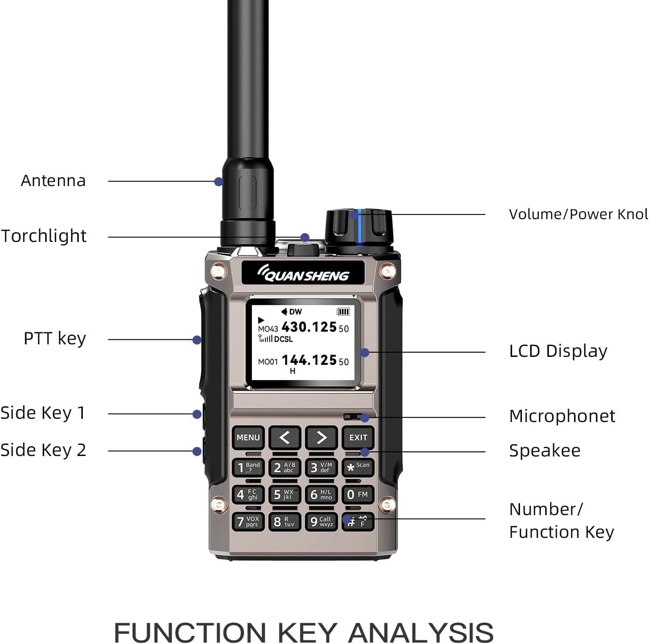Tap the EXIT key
(358, 437)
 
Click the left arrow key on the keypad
(284, 437)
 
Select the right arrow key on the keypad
(321, 437)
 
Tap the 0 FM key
(358, 495)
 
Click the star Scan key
(358, 467)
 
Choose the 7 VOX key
(248, 522)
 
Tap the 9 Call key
(321, 522)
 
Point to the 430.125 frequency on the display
(309, 327)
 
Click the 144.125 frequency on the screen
(309, 360)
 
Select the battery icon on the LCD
(343, 311)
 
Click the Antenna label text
(53, 181)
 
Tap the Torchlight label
(44, 236)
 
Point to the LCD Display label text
(558, 351)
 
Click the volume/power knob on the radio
(359, 228)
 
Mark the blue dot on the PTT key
(197, 340)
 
